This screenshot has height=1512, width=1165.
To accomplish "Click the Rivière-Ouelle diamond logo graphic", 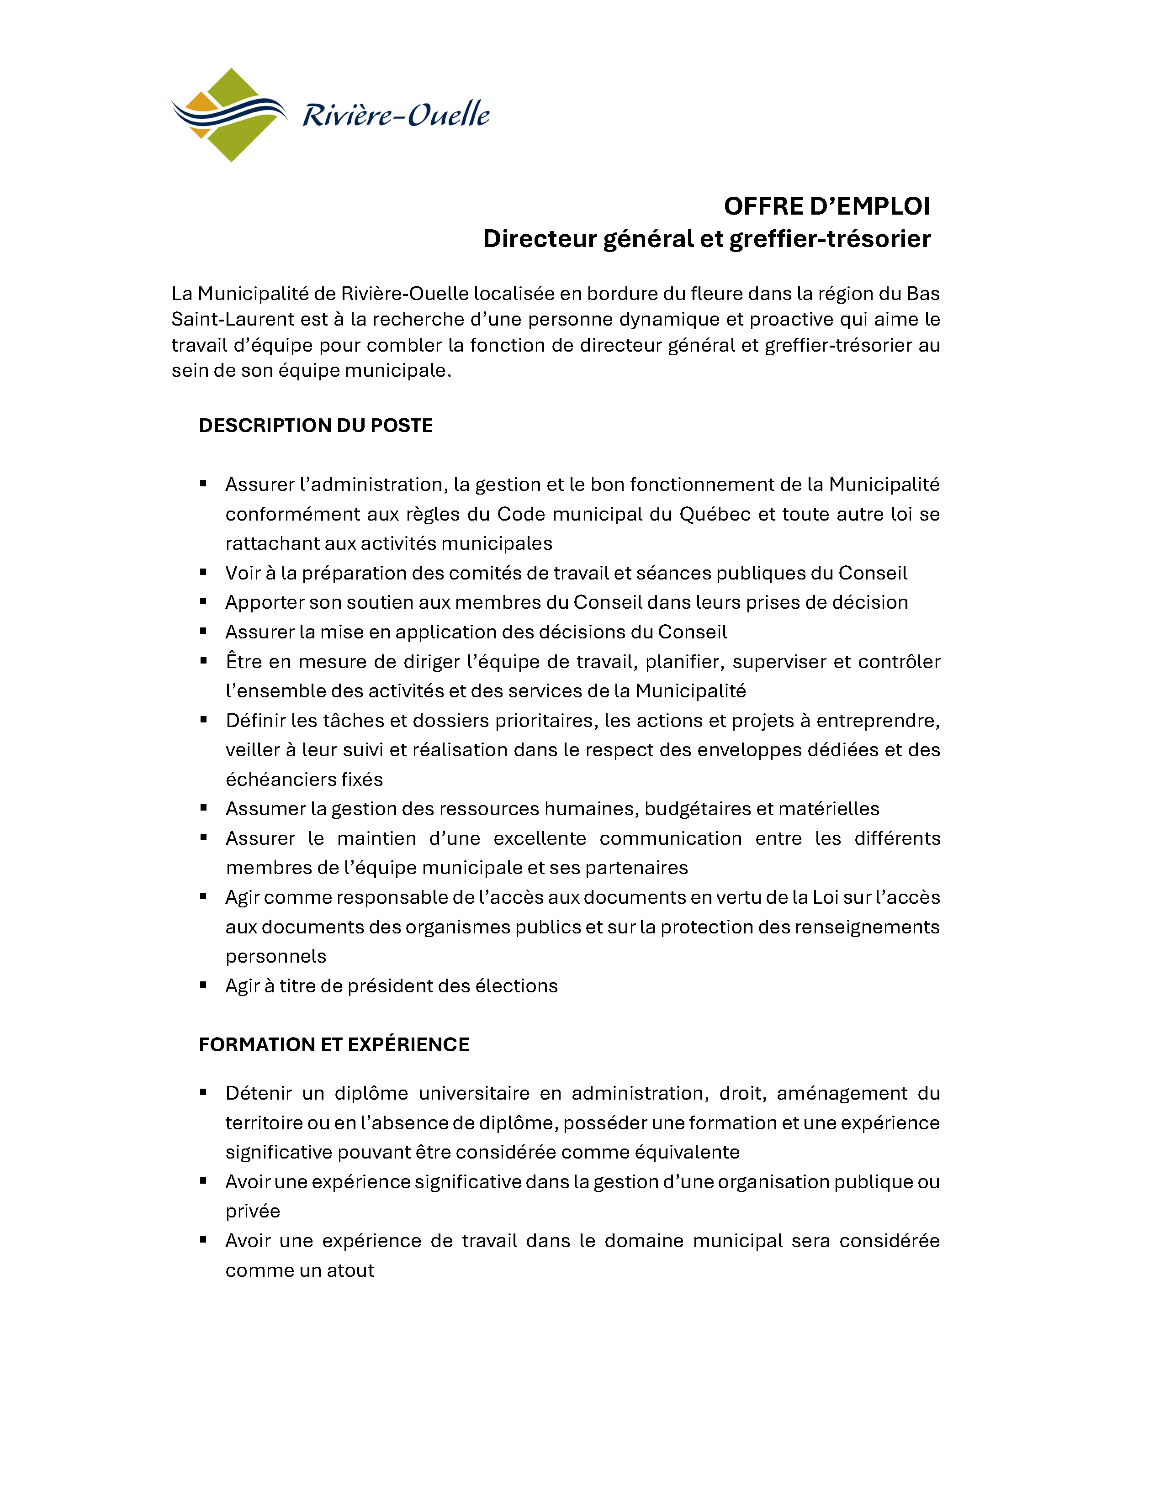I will click(228, 115).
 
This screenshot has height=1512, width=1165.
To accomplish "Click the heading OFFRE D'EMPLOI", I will click(826, 206).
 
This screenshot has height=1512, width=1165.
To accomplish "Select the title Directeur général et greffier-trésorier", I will click(706, 239).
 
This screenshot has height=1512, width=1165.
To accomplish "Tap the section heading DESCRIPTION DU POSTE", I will click(316, 425).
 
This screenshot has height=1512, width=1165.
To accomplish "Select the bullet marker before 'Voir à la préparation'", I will click(204, 572).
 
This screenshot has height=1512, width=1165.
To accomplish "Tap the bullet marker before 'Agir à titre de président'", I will click(204, 985).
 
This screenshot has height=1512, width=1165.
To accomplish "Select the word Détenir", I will click(260, 1093).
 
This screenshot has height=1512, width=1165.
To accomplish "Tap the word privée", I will click(253, 1211).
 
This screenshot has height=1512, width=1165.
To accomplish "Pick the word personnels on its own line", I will click(275, 956).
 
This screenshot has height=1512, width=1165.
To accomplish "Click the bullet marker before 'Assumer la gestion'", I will click(204, 807).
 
